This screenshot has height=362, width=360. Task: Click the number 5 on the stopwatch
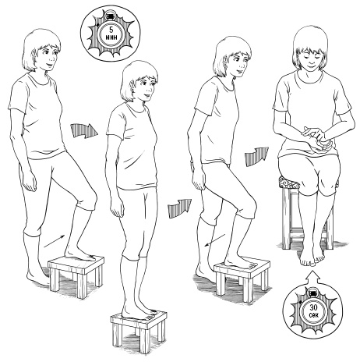(x=111, y=30)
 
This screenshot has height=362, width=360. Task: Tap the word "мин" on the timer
(x=111, y=37)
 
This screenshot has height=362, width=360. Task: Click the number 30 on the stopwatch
(x=313, y=308)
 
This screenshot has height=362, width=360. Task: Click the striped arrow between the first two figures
(x=84, y=130)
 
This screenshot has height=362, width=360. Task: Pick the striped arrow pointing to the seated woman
(x=256, y=155)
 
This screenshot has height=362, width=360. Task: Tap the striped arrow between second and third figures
(x=179, y=208)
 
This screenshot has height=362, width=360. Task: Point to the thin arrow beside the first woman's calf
(x=54, y=241)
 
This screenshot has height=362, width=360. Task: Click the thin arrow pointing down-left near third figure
(x=215, y=240)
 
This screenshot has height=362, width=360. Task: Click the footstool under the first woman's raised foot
(x=76, y=275)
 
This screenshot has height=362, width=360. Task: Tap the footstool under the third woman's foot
(x=242, y=279)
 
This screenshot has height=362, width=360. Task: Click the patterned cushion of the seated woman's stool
(x=289, y=183)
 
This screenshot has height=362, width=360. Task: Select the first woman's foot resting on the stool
(x=79, y=255)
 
